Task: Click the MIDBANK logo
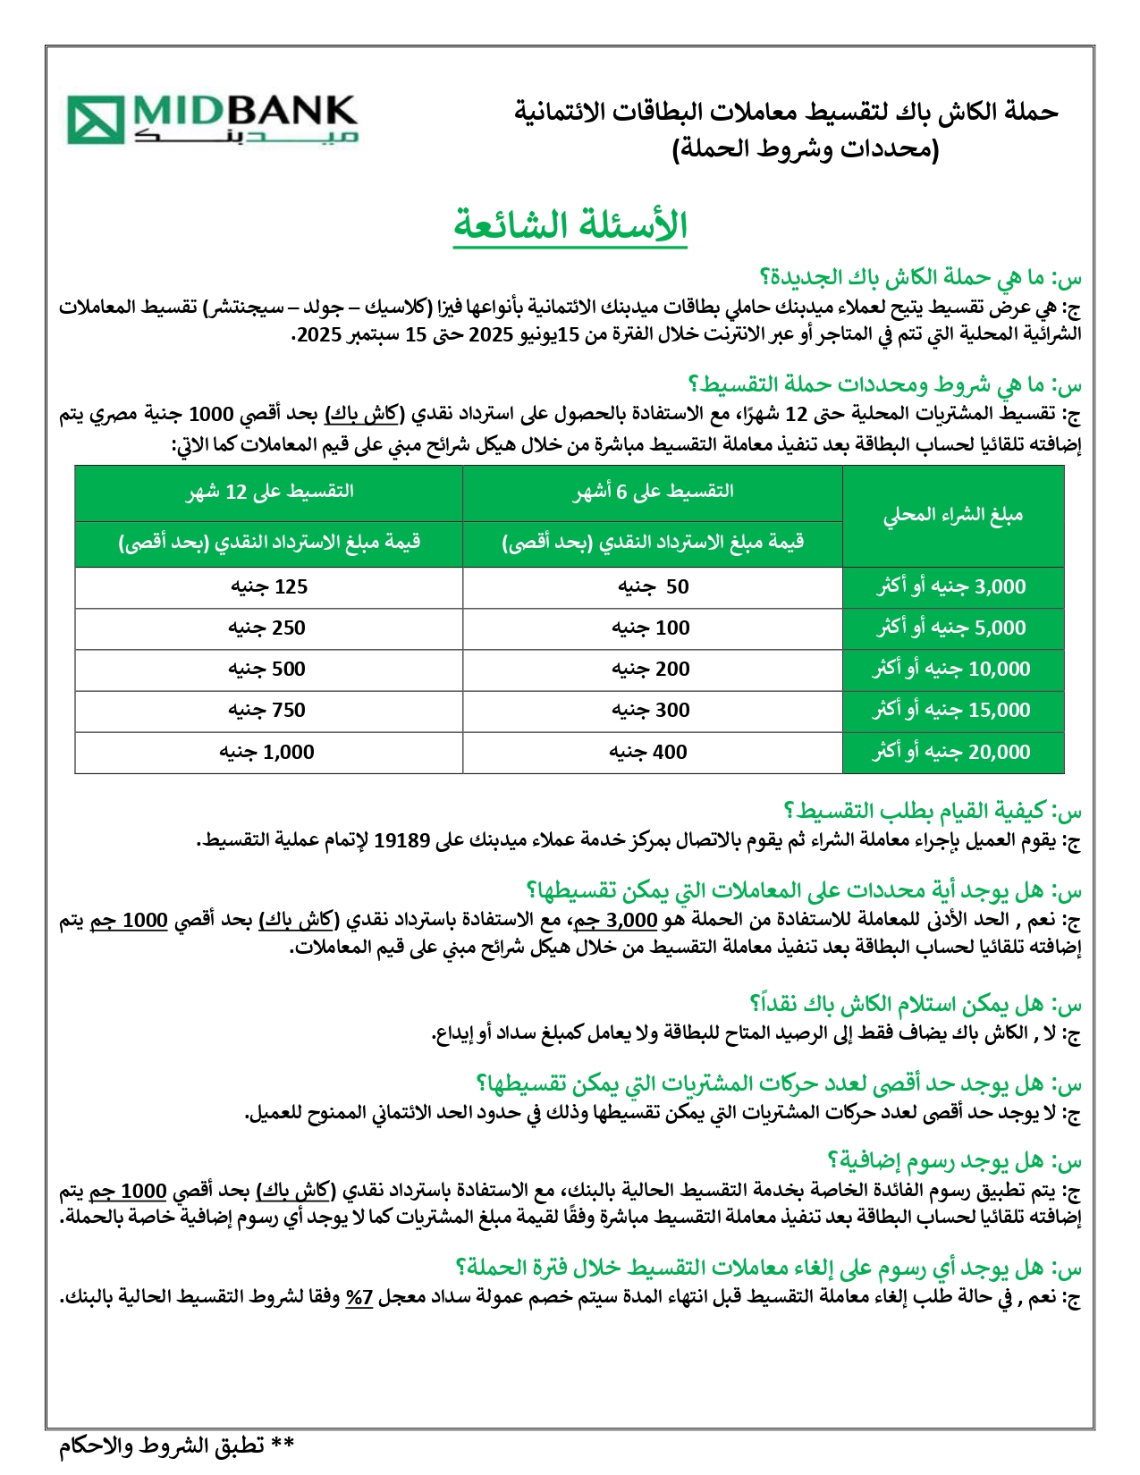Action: point(213,119)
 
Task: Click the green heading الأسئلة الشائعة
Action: point(570,224)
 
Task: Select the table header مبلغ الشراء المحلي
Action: point(953,515)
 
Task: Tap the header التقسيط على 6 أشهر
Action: point(653,492)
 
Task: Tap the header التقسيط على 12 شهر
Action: point(269,492)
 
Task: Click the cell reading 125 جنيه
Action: point(269,587)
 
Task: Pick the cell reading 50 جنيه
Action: point(653,587)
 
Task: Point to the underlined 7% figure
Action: point(359,1298)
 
